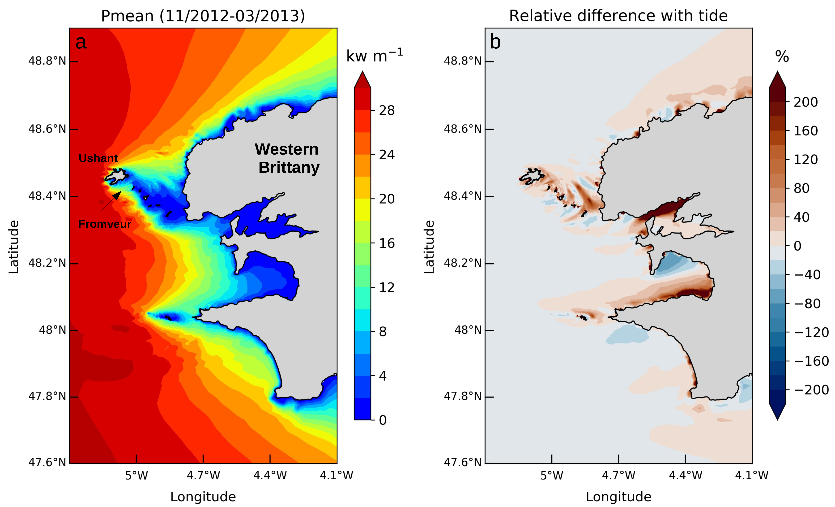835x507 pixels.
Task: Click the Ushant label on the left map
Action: (98, 158)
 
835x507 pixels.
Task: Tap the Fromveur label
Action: (104, 224)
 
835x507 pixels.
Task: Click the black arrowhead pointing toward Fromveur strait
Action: (117, 195)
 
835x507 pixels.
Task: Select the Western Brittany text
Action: (287, 158)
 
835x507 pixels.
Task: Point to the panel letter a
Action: (81, 42)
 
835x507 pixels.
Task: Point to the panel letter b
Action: (495, 42)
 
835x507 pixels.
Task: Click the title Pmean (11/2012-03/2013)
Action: (203, 16)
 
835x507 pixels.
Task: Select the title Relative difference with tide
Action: (618, 16)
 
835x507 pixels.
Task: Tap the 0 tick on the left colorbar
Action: (383, 420)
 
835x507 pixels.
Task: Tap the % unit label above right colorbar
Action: (782, 56)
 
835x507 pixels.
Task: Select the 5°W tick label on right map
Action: (551, 476)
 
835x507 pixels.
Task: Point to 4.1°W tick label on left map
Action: (336, 476)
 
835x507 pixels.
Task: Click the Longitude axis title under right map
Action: (618, 497)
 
